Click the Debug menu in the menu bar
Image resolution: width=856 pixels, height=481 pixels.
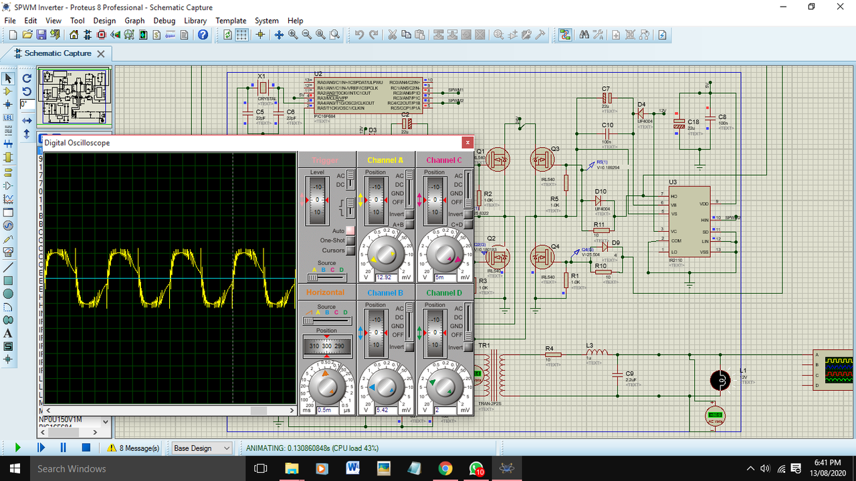tap(164, 21)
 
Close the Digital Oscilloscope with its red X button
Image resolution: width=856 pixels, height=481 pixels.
tap(467, 142)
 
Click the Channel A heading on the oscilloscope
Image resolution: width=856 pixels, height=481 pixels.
tap(385, 160)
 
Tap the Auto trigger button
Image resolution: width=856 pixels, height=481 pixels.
tap(349, 230)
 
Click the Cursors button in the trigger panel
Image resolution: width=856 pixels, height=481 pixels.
tap(349, 251)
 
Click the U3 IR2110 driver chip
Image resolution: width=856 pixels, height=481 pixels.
tap(689, 224)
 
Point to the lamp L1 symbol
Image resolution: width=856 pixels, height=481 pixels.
tap(720, 380)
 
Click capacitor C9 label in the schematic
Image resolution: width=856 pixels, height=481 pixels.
tap(629, 373)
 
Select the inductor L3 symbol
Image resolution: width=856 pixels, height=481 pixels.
tap(597, 353)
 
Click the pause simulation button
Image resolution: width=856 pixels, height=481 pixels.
tap(64, 448)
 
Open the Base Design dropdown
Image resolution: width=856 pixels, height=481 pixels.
tap(201, 448)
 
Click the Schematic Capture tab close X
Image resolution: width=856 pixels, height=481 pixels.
tap(101, 53)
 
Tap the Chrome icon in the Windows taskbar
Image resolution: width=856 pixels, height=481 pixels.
tap(445, 468)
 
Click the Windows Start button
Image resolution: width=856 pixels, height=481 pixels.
tap(13, 468)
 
